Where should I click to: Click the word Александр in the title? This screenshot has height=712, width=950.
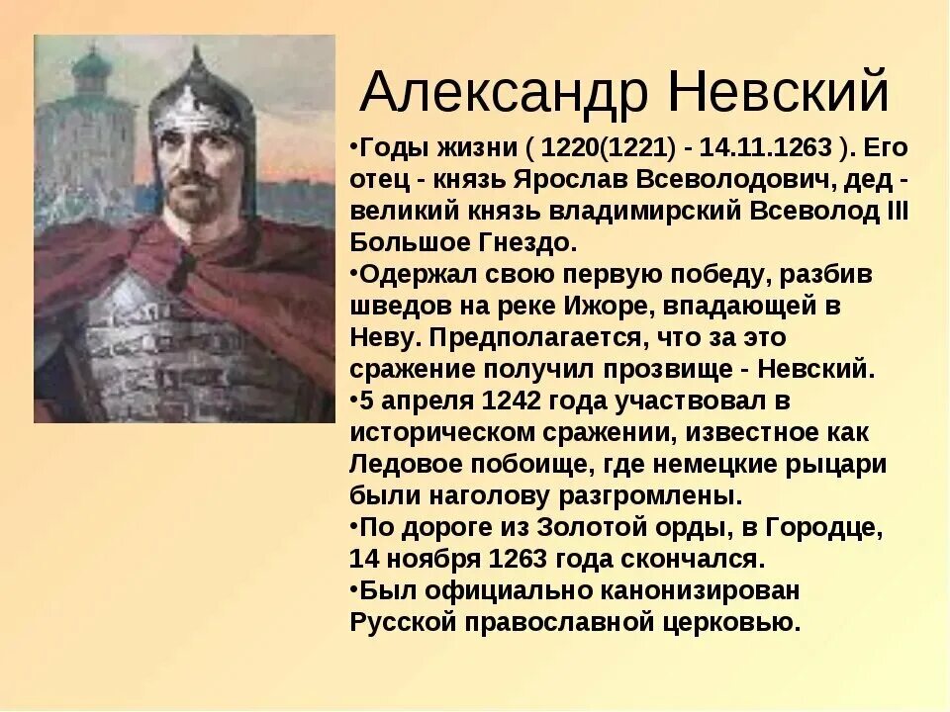click(x=504, y=93)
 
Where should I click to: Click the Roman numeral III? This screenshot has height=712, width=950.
click(x=896, y=212)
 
